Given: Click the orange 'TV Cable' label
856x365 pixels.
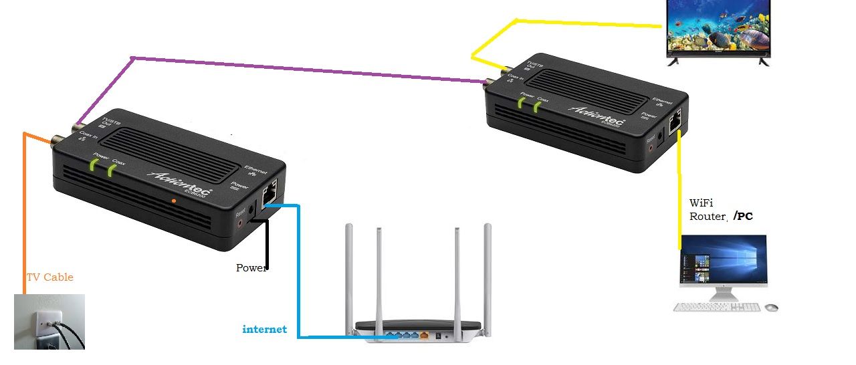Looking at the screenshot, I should coord(49,277).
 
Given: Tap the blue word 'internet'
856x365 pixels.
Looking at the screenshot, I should coord(264,329).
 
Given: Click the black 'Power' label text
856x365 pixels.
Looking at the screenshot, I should coord(251,268).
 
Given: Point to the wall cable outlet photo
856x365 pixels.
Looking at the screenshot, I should coord(49,322).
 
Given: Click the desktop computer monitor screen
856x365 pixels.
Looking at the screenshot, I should coord(723,261).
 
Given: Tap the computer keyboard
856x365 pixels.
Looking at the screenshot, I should coord(717,307).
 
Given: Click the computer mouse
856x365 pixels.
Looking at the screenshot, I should coord(771,308).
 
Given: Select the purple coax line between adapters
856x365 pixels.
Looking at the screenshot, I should coord(301,70).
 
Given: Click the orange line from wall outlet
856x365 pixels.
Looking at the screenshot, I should coord(24,214).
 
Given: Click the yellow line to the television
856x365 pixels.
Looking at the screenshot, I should coord(588,25).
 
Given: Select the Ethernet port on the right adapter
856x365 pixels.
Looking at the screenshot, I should coord(675,122).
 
